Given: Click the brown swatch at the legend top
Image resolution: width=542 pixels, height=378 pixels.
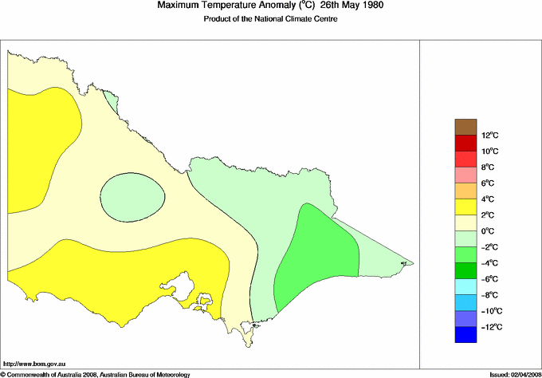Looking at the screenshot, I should click(465, 126).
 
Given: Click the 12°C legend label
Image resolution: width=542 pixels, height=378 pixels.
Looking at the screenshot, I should click(491, 136).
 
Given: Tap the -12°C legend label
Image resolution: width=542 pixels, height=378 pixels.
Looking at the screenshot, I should click(491, 327).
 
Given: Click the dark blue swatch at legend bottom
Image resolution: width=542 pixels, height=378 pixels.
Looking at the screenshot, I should click(465, 336).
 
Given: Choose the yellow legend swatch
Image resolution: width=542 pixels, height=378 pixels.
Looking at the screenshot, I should click(465, 207).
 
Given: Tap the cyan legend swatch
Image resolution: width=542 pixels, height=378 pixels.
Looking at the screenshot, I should click(465, 286).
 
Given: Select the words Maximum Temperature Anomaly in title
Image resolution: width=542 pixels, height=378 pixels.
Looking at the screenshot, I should click(222, 6).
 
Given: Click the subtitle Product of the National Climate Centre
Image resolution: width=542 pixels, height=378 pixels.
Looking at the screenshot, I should click(270, 19).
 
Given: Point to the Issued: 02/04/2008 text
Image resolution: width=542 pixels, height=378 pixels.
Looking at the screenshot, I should click(509, 373).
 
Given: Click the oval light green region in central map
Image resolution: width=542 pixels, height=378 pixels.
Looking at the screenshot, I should click(132, 196).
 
